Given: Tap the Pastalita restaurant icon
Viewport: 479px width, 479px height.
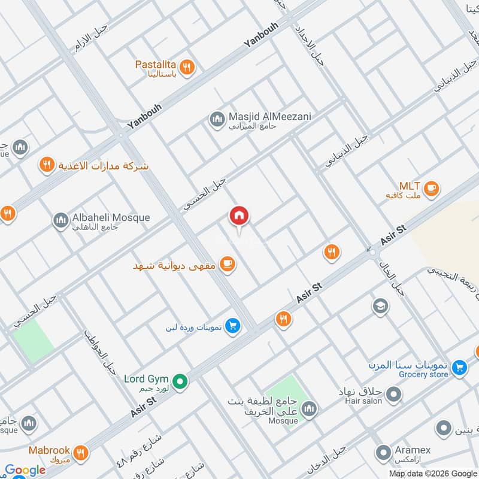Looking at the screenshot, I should [x=187, y=68].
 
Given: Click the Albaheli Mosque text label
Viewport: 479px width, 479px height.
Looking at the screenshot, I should [x=111, y=217].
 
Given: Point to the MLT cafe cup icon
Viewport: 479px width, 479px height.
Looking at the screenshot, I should [x=431, y=189].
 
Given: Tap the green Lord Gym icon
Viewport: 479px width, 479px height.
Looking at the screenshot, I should [x=179, y=381].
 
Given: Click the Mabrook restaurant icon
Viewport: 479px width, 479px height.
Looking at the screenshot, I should [x=80, y=452].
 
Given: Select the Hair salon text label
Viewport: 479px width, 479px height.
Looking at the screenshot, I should [x=363, y=401].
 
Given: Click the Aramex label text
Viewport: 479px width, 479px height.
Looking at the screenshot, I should [x=413, y=450].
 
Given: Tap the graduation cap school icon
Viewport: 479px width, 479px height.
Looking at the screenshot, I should [x=379, y=307].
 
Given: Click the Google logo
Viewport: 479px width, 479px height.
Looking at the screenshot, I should [x=25, y=471].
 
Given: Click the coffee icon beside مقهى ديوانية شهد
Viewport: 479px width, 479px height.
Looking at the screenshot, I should [x=226, y=264].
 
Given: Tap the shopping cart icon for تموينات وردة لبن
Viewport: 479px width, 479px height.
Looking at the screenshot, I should [x=234, y=326].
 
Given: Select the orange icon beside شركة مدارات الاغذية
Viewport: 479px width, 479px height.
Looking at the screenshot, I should [x=47, y=166].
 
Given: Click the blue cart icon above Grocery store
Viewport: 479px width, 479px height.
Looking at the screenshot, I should [x=459, y=366].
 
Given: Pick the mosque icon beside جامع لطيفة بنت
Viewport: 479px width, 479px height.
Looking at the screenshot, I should [x=308, y=409].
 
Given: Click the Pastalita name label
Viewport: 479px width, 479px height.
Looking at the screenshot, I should [x=155, y=64].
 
